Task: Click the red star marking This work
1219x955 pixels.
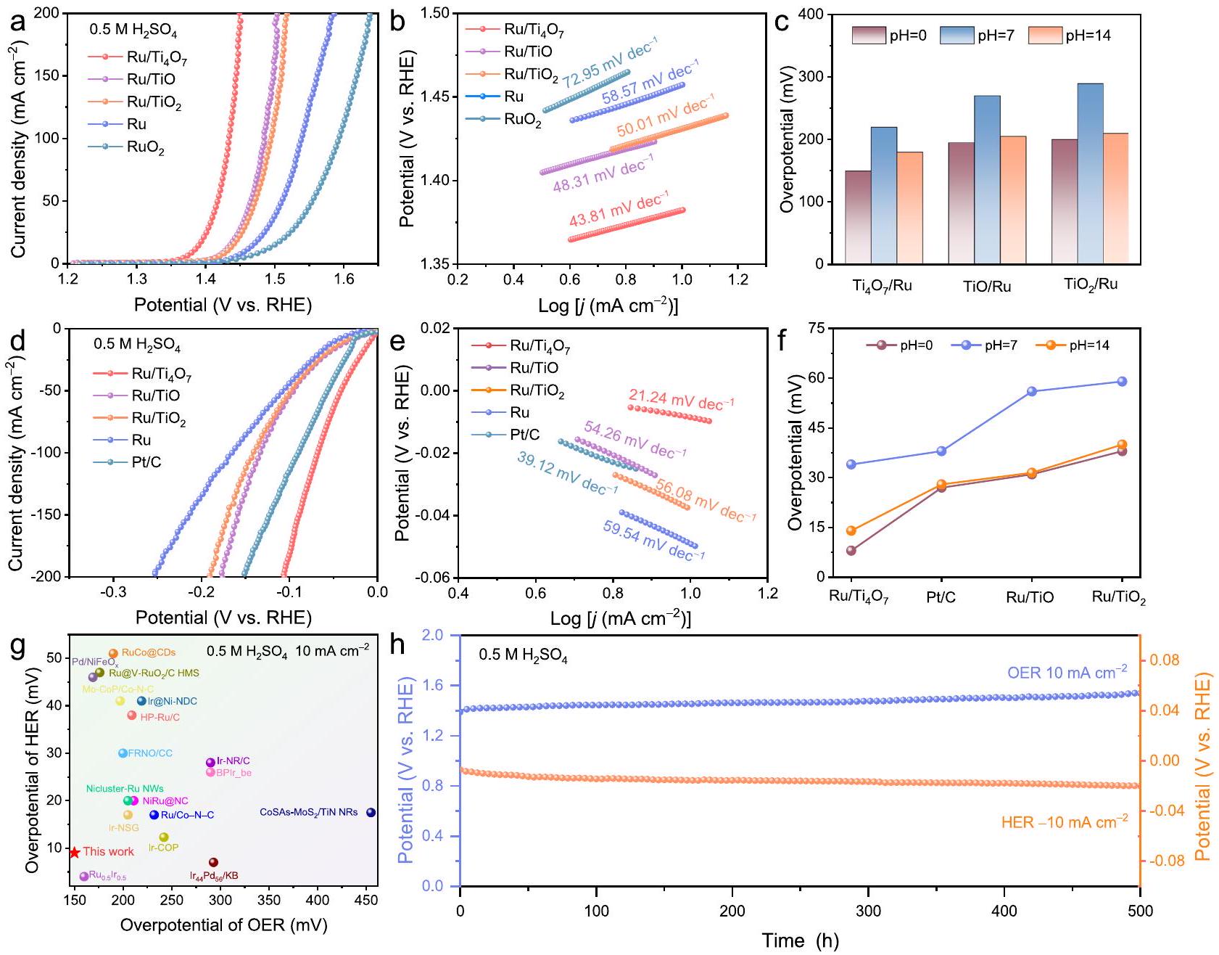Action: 74,852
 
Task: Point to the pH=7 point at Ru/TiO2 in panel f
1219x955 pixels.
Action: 1122,381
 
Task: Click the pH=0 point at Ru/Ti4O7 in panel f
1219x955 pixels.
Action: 851,550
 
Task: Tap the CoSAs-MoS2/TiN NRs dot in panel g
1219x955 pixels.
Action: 371,812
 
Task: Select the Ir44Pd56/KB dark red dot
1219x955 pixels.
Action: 213,862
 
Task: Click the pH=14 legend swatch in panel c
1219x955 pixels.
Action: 1045,35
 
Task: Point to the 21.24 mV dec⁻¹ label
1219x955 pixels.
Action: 681,399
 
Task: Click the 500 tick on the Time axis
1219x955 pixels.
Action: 1140,911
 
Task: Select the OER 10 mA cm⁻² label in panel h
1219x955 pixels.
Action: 1067,672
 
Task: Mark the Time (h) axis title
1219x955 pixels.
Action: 800,941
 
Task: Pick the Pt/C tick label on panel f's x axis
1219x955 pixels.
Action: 941,597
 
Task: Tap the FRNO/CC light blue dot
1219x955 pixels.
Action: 123,753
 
